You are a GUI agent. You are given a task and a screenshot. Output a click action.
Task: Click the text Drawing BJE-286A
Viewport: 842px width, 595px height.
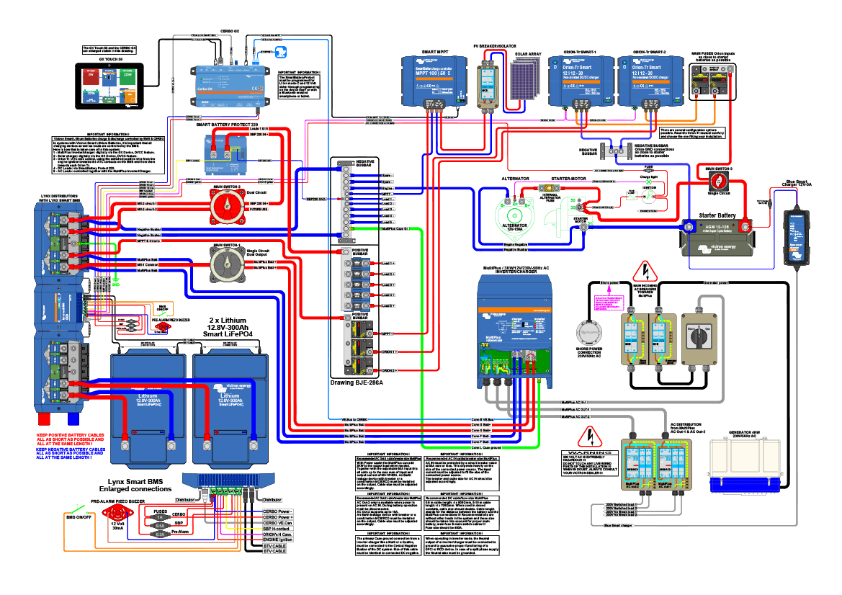tap(357, 382)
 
